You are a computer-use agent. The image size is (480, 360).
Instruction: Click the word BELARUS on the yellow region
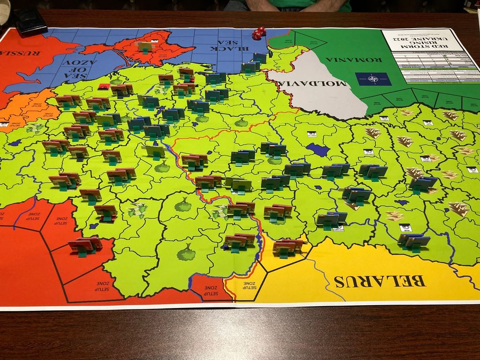coord(379,281)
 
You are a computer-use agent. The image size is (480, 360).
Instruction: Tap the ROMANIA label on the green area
coord(354,60)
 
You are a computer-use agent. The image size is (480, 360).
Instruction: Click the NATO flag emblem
coord(373,78)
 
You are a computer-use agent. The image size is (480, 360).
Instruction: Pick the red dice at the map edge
coord(259,33)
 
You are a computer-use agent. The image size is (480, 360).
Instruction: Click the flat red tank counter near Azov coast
coord(104,86)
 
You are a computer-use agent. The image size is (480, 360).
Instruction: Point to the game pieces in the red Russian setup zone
coord(84,245)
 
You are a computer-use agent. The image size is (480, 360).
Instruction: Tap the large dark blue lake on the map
coord(318,150)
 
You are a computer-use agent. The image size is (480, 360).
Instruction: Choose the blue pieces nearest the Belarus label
coord(414,242)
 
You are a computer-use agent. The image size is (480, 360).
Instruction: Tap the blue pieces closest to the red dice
coord(259,58)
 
